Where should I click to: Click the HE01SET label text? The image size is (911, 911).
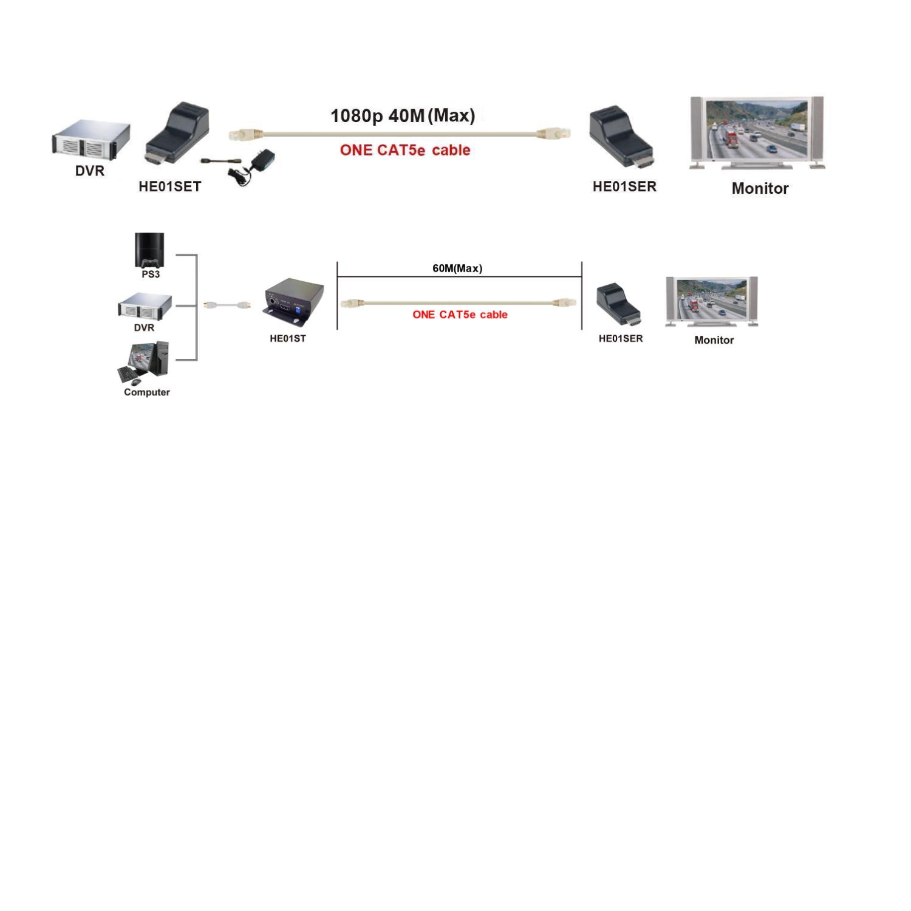click(x=169, y=186)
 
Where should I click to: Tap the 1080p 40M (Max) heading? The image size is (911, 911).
click(x=403, y=115)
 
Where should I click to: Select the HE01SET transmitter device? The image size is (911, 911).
click(x=177, y=134)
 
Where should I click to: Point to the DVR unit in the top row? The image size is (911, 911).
click(x=90, y=140)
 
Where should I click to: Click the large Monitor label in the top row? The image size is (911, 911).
click(x=760, y=188)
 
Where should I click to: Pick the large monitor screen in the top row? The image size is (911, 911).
click(x=757, y=132)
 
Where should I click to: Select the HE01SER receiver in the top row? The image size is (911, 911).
click(x=621, y=137)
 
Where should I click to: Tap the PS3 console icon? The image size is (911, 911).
click(x=149, y=250)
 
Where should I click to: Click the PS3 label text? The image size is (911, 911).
click(x=151, y=275)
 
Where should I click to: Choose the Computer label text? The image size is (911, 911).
click(x=147, y=392)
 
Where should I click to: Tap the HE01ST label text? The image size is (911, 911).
click(x=288, y=338)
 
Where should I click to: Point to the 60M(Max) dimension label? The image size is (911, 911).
click(x=457, y=268)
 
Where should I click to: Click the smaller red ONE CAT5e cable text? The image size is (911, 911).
click(x=460, y=315)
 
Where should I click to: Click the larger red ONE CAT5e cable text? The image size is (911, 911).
click(x=405, y=150)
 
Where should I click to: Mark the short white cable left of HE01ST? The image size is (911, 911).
click(x=227, y=304)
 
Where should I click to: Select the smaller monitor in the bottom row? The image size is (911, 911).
click(x=712, y=302)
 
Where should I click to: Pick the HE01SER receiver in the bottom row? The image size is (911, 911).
click(x=619, y=304)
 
